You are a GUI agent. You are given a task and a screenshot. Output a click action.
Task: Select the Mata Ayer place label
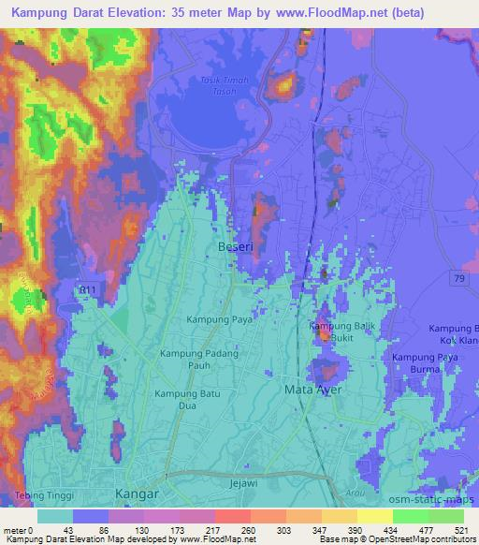[313, 388]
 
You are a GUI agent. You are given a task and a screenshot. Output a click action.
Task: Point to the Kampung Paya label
[195, 321]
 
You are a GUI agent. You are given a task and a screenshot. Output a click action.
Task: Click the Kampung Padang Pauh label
[198, 361]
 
